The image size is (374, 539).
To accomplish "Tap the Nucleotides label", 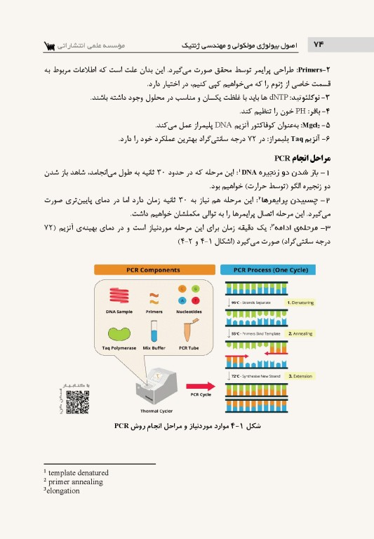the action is pos(188,311).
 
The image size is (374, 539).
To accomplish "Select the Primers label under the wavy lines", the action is pos(154,311).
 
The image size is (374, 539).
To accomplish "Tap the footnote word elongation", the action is pos(62,491).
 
